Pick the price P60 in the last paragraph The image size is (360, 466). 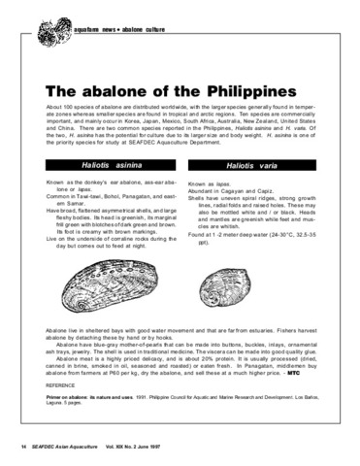(147, 373)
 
